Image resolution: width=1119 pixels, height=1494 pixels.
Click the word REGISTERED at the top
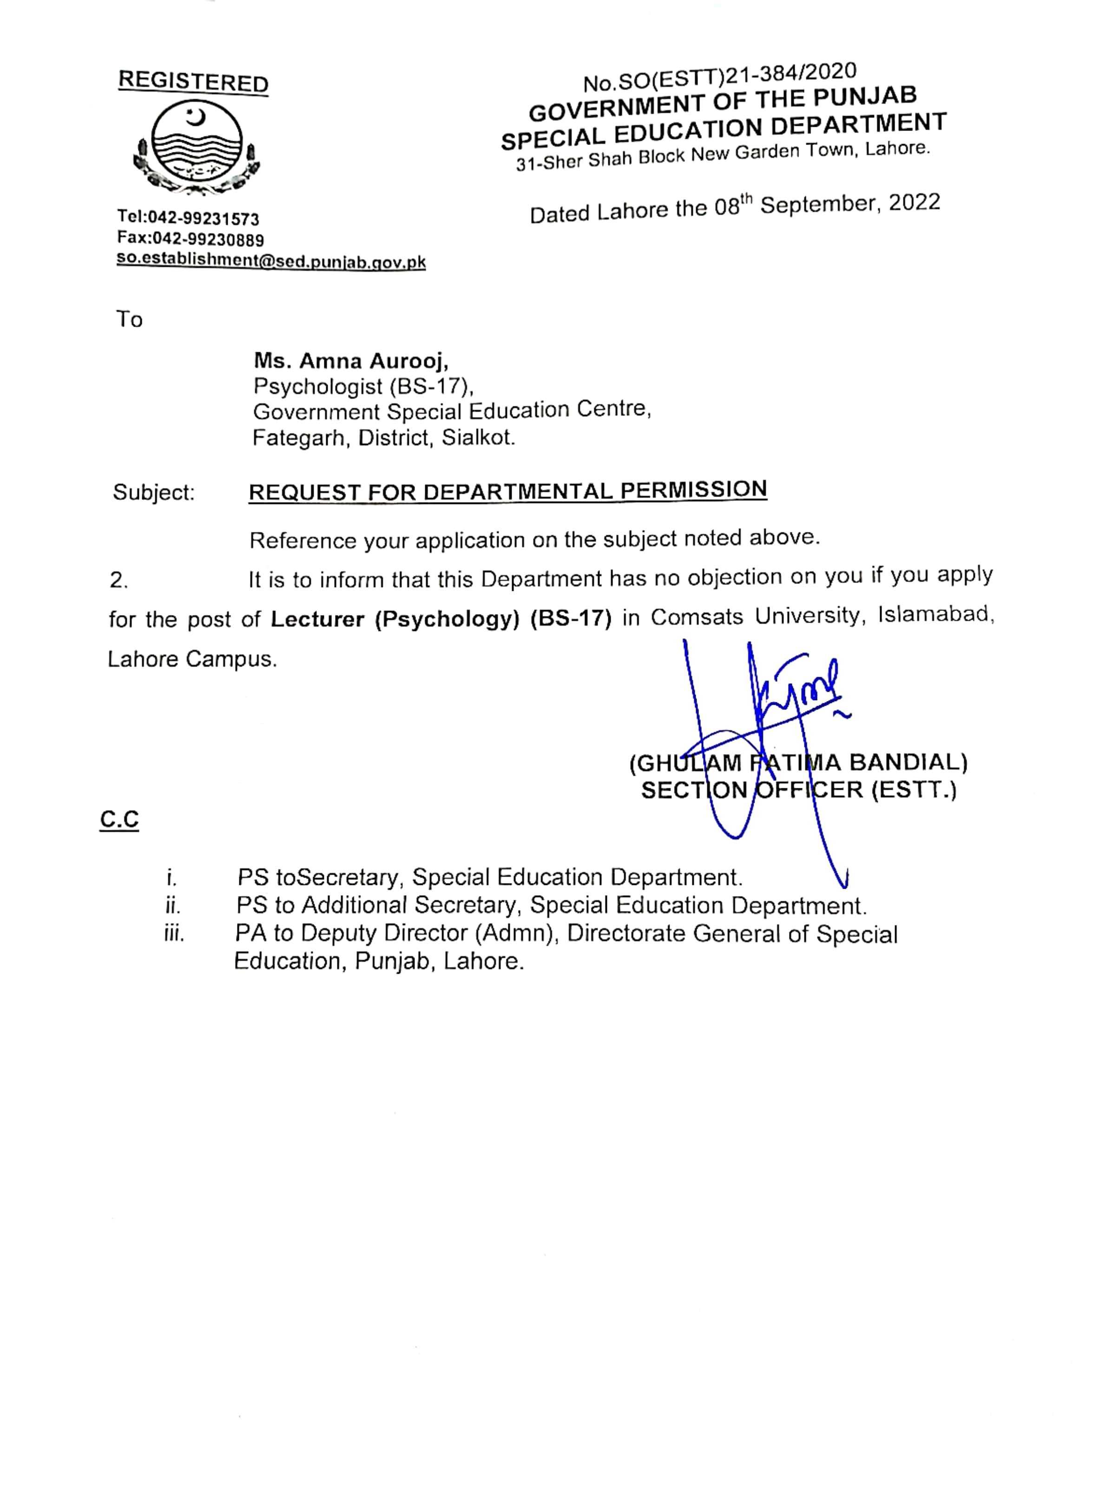[193, 82]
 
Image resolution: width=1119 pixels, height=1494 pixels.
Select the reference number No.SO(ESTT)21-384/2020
[720, 76]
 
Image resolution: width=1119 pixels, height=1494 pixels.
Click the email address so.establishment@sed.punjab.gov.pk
[271, 262]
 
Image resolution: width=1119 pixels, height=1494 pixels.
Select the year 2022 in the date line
[914, 203]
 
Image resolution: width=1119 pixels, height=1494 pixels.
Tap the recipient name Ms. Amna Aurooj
[351, 361]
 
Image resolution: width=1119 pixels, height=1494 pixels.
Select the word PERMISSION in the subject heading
[693, 489]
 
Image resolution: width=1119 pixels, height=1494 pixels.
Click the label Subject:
[153, 492]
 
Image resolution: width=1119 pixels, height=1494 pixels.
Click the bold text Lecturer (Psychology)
[395, 619]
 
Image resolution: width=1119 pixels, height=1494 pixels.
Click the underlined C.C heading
[119, 819]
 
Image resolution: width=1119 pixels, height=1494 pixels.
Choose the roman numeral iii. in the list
[174, 933]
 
